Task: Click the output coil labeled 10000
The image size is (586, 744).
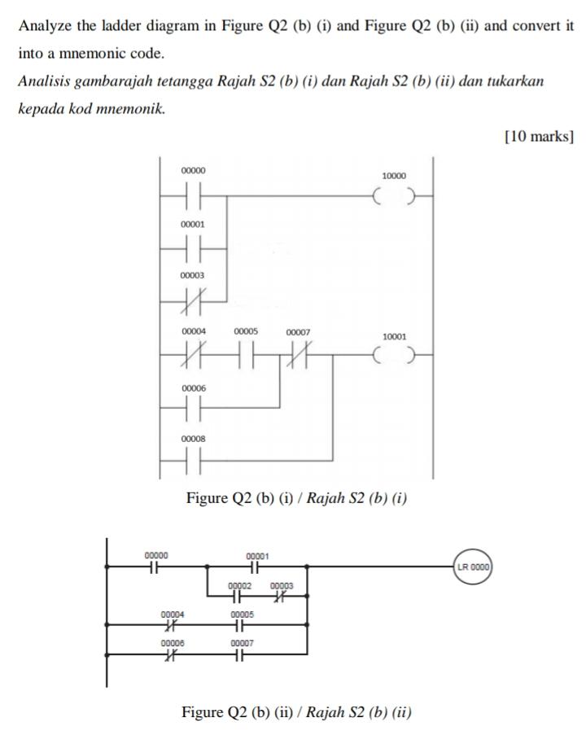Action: click(394, 196)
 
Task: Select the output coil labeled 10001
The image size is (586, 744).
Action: click(394, 356)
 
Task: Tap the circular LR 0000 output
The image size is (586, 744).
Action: click(474, 566)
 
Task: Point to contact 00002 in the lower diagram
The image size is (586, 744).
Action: click(239, 596)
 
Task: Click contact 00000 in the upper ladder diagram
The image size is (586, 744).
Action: click(194, 196)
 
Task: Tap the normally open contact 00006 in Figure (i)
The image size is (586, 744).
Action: click(194, 409)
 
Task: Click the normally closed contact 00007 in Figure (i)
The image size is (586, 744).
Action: click(298, 356)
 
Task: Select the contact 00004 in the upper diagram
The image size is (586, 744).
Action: click(194, 356)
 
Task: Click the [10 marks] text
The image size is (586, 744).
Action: click(539, 136)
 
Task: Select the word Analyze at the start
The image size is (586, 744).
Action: click(43, 25)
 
